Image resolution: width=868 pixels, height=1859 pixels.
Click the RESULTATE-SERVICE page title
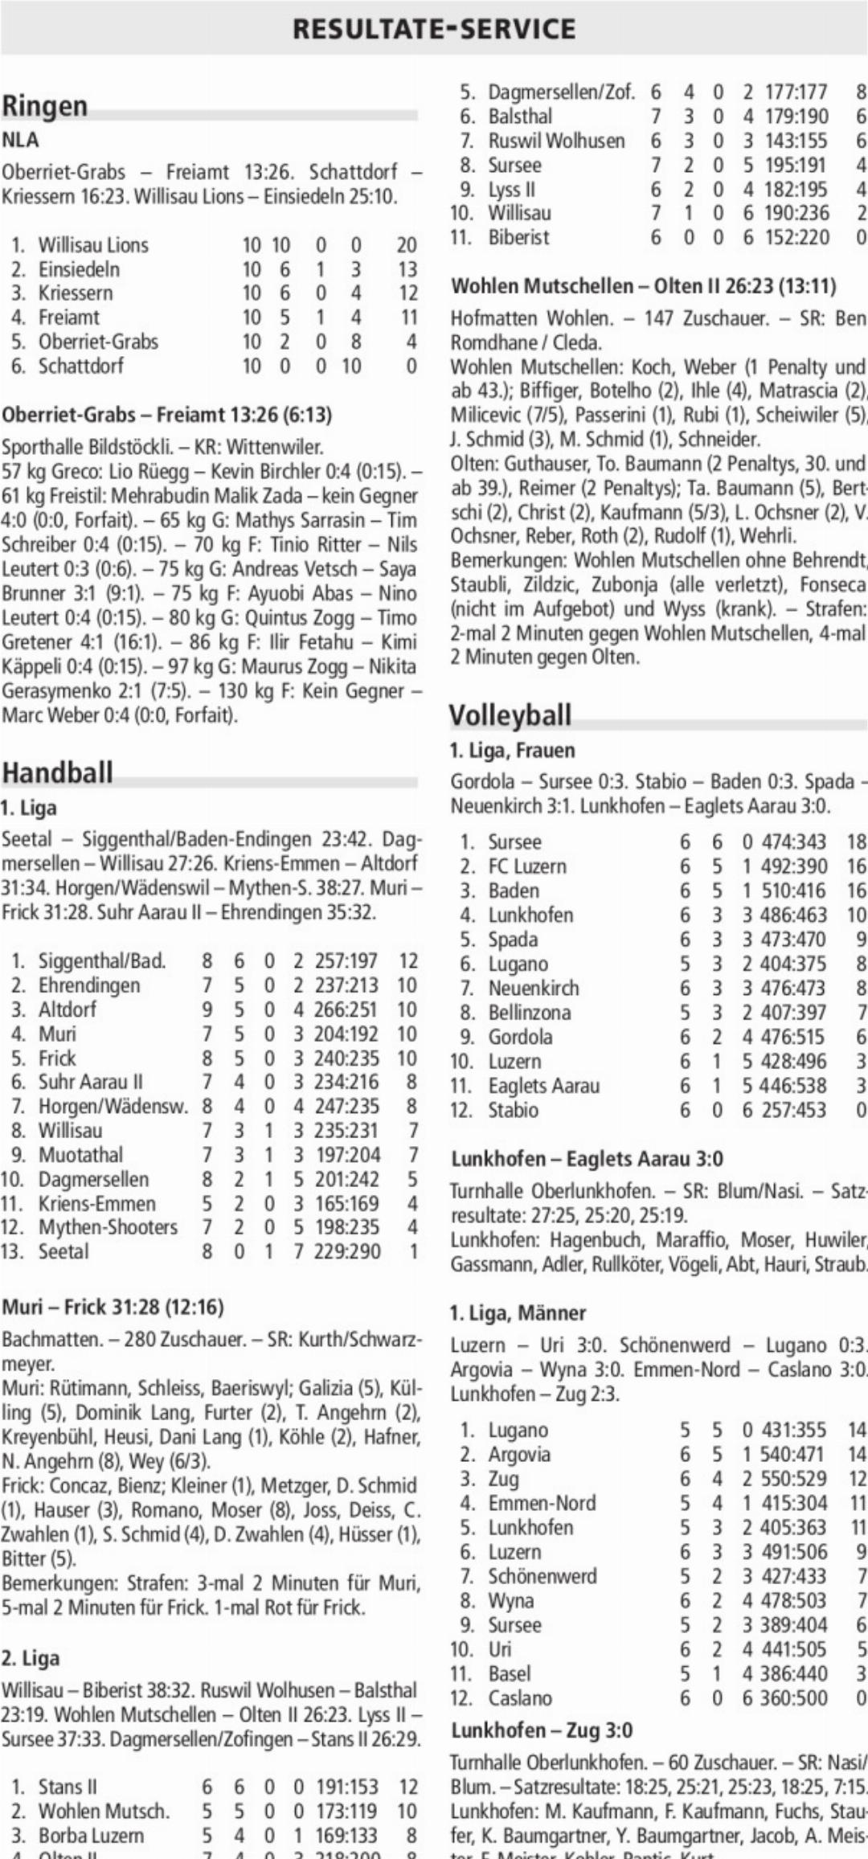[434, 29]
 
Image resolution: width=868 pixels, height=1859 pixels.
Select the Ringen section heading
[45, 106]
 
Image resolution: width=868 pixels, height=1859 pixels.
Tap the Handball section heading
[57, 772]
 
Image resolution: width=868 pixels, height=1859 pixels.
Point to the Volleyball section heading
[510, 715]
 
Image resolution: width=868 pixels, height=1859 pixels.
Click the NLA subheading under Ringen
[20, 140]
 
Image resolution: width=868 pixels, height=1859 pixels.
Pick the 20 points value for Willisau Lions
[407, 245]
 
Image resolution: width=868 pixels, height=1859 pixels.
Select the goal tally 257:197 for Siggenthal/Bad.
[346, 961]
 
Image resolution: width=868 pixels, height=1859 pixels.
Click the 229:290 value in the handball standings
[346, 1251]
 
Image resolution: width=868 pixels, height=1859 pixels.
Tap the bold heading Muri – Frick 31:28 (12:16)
[113, 1307]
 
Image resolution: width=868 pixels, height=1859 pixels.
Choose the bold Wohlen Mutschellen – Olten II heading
[643, 286]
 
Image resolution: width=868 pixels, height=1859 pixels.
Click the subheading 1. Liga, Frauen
[512, 751]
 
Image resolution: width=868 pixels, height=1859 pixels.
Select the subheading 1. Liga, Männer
[518, 1313]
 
